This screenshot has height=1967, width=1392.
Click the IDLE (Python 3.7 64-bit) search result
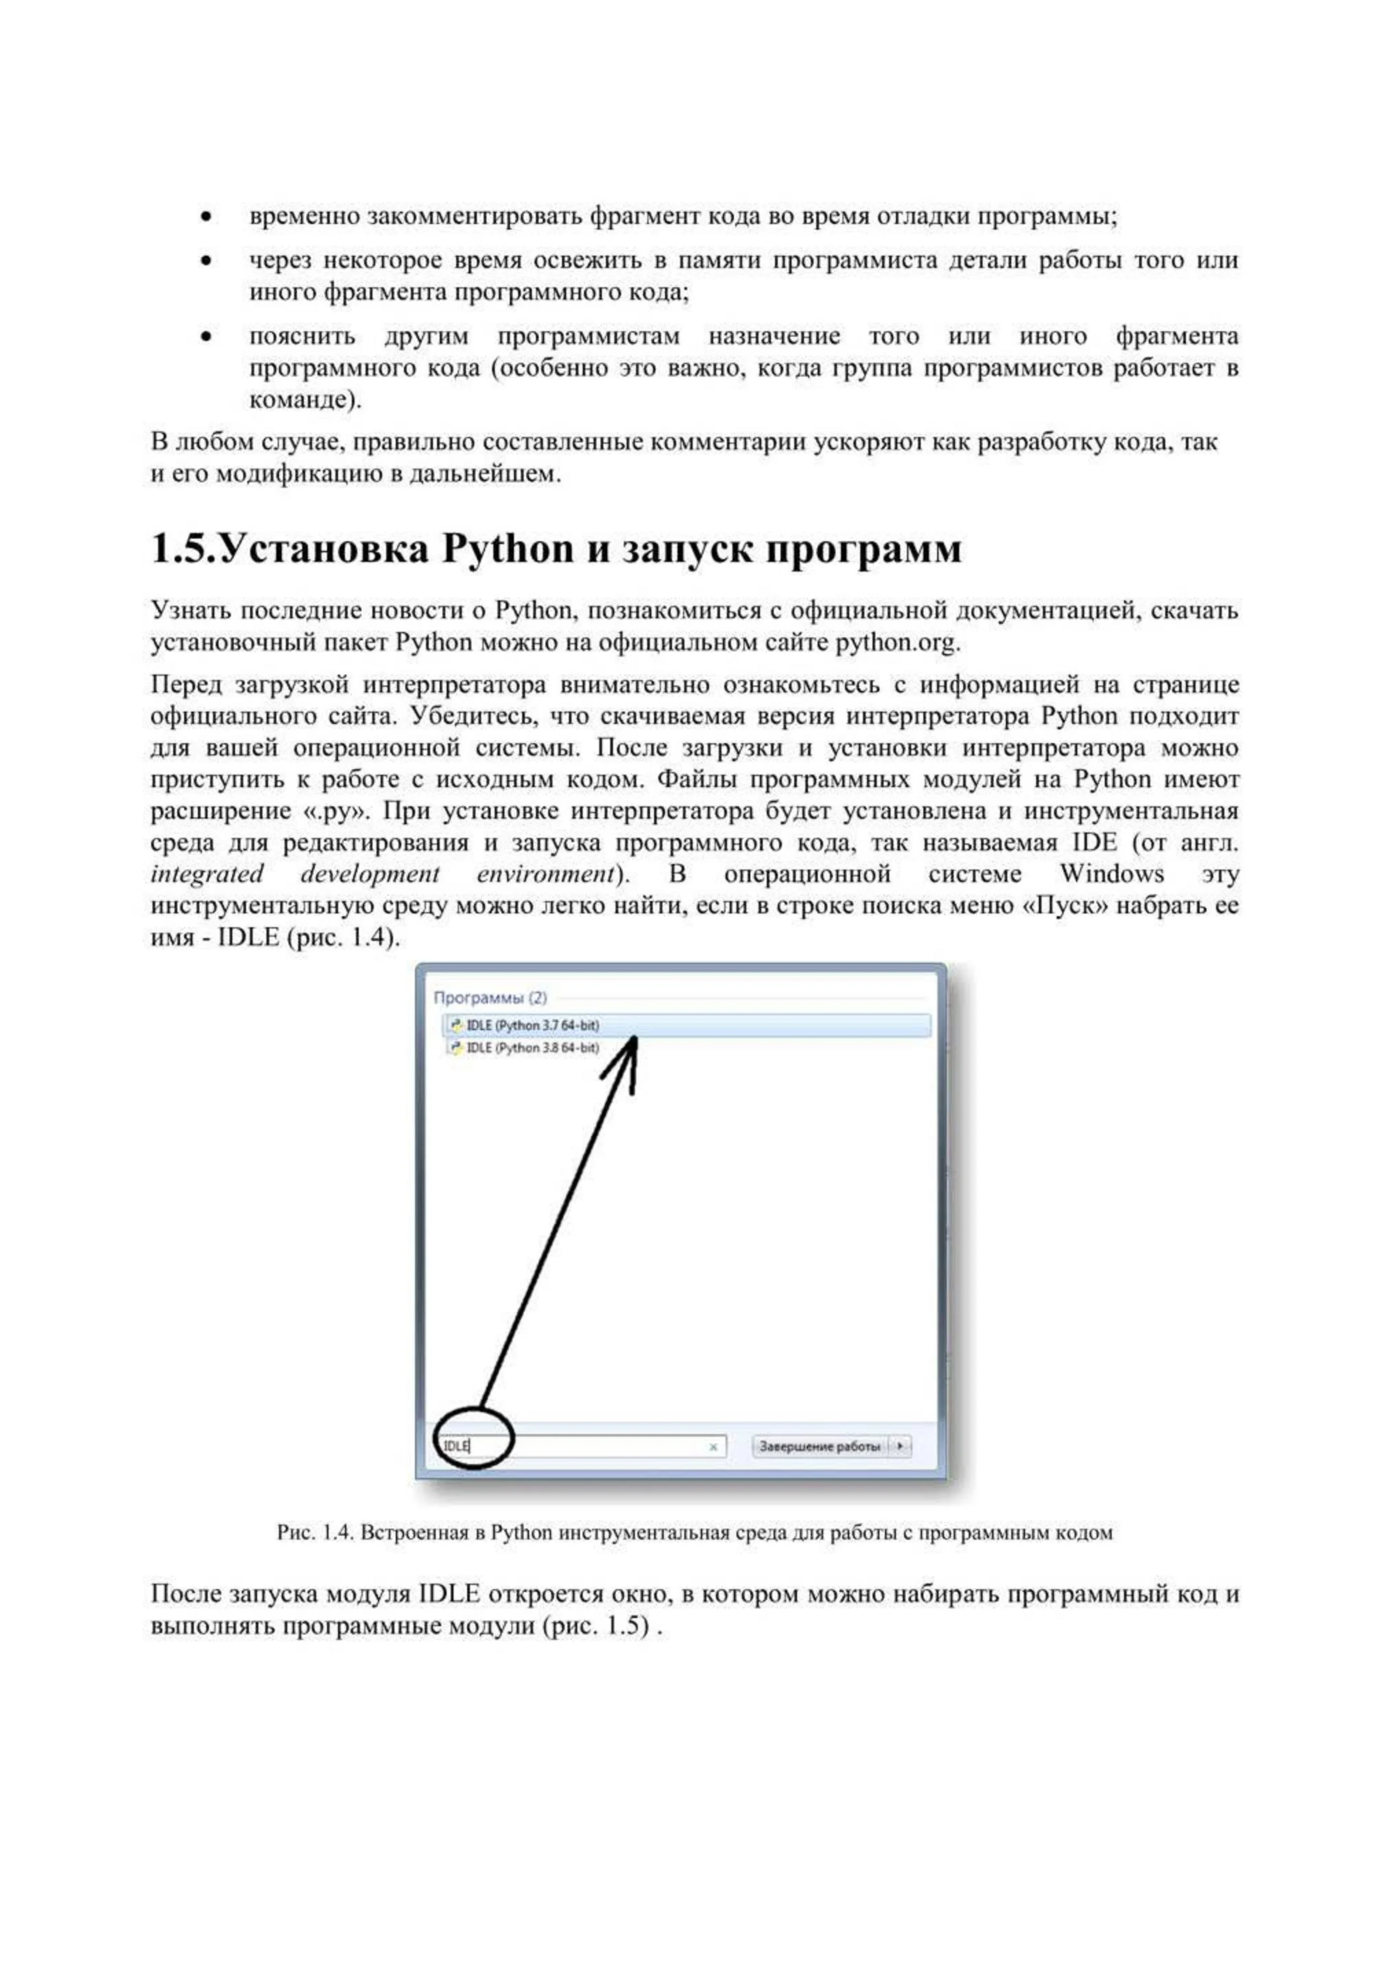[x=532, y=1025]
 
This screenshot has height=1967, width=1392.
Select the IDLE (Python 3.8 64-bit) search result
[x=532, y=1048]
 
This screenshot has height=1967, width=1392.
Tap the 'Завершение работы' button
[x=820, y=1446]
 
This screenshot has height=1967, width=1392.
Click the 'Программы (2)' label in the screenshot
[x=489, y=997]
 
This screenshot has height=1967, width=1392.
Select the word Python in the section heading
[x=508, y=549]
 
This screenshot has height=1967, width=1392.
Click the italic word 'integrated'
[x=207, y=874]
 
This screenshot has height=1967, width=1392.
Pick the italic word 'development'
[x=370, y=874]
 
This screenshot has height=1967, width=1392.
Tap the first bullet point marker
[x=206, y=217]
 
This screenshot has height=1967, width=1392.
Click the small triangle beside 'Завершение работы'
[x=900, y=1446]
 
